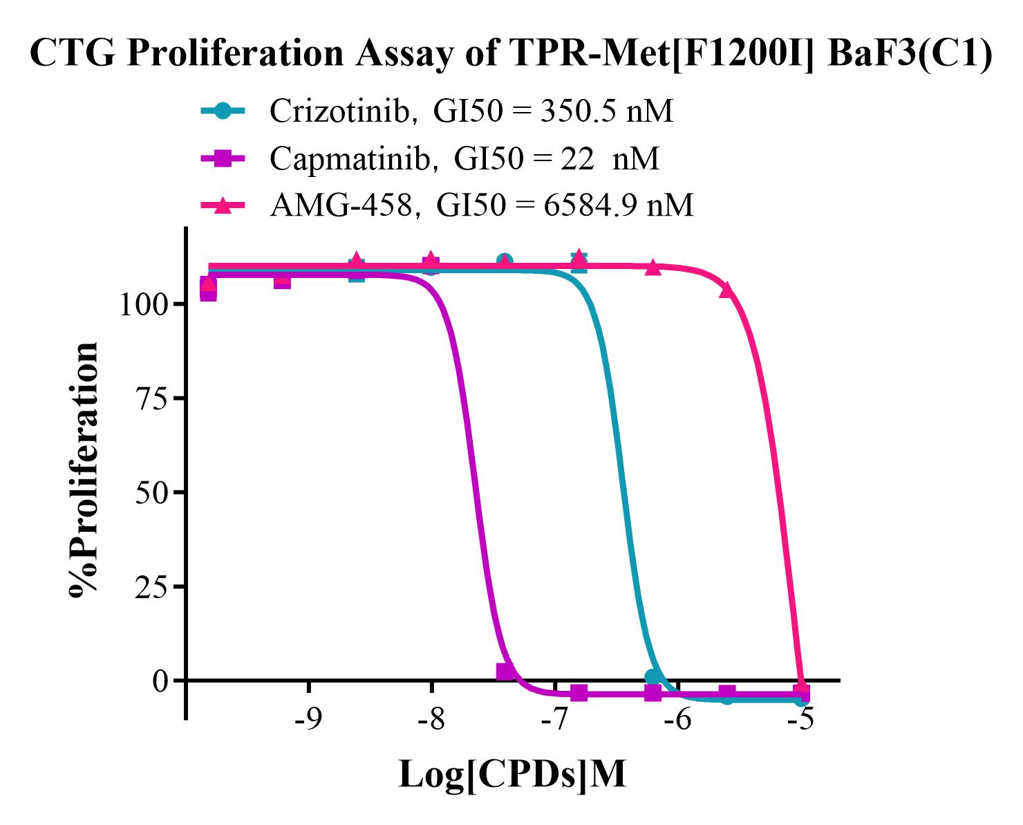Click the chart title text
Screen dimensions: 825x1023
pos(511,54)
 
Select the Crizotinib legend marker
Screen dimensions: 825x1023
pos(222,111)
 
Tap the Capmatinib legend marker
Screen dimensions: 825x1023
pos(222,158)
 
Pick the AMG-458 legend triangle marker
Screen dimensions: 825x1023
pos(222,205)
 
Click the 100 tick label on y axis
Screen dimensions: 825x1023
pos(144,304)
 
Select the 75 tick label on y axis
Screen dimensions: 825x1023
pos(153,398)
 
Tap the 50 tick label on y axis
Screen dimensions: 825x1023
pos(153,492)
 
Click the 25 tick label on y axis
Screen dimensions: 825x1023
pos(153,586)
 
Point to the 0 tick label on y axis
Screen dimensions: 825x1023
pos(161,680)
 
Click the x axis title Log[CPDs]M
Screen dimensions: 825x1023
pos(512,775)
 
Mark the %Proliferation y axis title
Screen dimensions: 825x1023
pos(84,468)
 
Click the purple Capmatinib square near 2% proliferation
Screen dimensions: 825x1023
pos(505,671)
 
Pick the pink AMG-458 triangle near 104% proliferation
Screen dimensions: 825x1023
pos(726,289)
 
